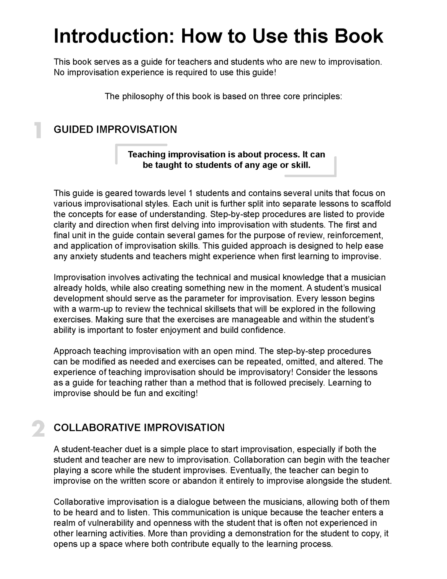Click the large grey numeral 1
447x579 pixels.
coord(38,130)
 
